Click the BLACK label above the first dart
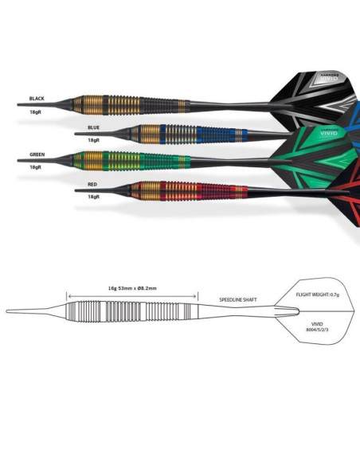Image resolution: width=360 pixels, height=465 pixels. [37, 99]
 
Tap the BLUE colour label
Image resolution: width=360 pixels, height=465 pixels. [93, 127]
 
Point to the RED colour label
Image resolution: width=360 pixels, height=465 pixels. [92, 184]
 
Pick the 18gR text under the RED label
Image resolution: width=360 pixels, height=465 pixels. [93, 196]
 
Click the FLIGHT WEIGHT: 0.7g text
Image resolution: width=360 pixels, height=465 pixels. [318, 295]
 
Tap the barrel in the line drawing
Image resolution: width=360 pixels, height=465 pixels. [131, 311]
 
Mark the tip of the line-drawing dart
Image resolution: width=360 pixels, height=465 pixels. [10, 311]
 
